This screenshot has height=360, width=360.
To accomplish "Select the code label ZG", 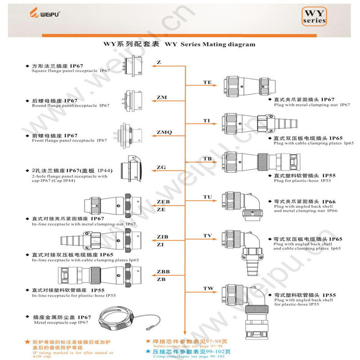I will pyautogui.click(x=161, y=167).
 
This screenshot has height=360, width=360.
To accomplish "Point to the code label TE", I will pyautogui.click(x=207, y=82).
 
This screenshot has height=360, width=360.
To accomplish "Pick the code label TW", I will pyautogui.click(x=208, y=288).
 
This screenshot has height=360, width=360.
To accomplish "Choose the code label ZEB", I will pyautogui.click(x=163, y=202).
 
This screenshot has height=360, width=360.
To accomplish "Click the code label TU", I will pyautogui.click(x=207, y=197).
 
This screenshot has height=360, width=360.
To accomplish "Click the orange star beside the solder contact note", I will pyautogui.click(x=148, y=341).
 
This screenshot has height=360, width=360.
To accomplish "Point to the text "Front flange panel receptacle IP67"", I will pyautogui.click(x=70, y=140).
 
